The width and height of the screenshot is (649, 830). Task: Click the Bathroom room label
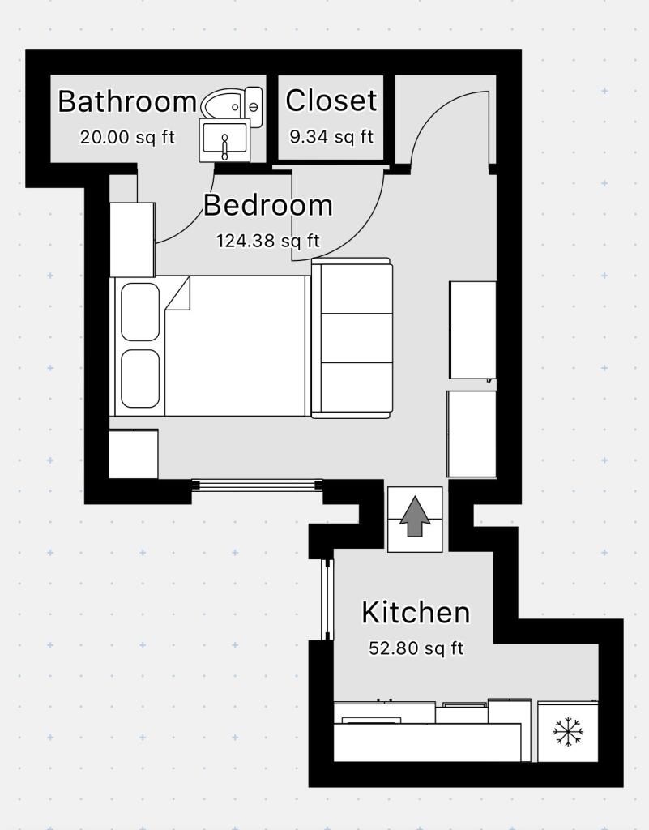click(127, 102)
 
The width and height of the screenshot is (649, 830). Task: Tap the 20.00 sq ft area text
click(127, 137)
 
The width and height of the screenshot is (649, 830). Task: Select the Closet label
click(331, 101)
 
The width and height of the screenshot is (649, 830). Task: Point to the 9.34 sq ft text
click(331, 136)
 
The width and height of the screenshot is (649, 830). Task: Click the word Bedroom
click(267, 206)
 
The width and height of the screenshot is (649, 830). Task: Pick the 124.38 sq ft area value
click(267, 241)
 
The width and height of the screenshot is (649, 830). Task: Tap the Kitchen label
click(415, 613)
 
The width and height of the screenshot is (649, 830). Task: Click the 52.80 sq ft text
click(416, 648)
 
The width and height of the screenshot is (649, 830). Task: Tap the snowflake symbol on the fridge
click(569, 732)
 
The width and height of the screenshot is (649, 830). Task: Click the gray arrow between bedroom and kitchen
click(416, 518)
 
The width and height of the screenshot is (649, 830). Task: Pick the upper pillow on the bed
click(140, 311)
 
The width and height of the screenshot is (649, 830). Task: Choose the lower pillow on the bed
click(140, 379)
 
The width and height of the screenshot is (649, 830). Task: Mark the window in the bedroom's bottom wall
click(258, 485)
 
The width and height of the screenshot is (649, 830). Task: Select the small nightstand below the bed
click(133, 454)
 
